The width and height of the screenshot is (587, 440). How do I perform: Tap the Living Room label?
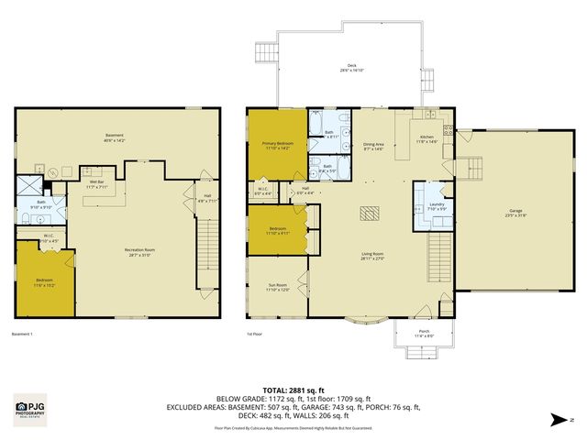pyautogui.click(x=371, y=257)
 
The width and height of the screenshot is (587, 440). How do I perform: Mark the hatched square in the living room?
pyautogui.click(x=370, y=214)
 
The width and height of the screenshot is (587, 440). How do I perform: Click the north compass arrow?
pyautogui.click(x=558, y=421)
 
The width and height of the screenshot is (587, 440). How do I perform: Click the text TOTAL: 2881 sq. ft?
pyautogui.click(x=293, y=389)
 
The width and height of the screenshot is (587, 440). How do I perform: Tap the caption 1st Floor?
pyautogui.click(x=255, y=334)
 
